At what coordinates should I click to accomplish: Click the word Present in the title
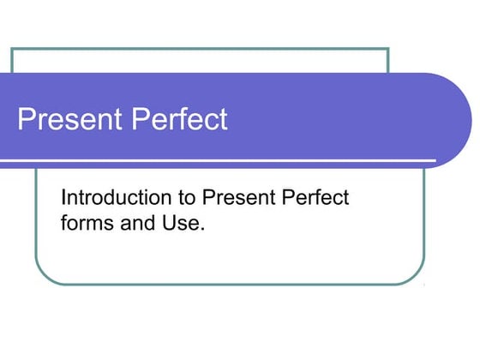coord(68,119)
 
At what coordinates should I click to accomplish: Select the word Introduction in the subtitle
coord(116,199)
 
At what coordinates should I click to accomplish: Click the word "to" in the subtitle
coord(187,199)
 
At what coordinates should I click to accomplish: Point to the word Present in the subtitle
coord(237,199)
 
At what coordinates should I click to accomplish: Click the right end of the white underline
coord(435,161)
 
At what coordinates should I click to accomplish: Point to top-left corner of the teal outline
coord(12,49)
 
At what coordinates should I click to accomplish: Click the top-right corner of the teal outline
coord(388,49)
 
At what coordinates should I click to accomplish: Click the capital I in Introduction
coord(63,199)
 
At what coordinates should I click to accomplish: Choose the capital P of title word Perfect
coord(135,119)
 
